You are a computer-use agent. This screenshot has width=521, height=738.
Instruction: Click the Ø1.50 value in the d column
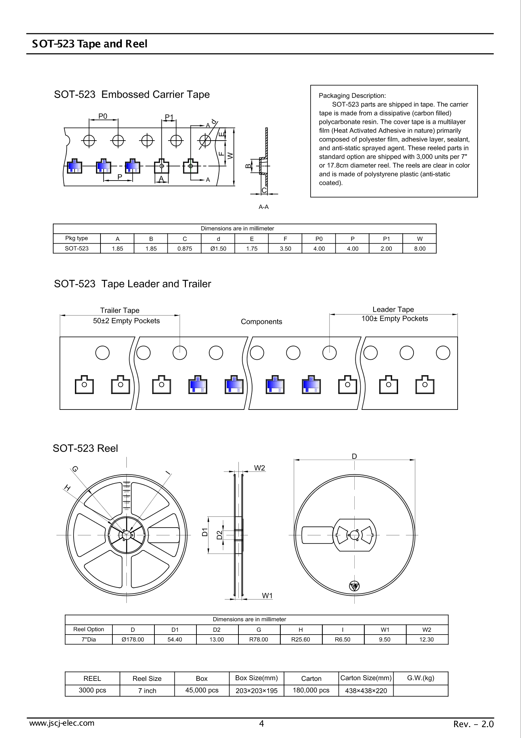click(218, 249)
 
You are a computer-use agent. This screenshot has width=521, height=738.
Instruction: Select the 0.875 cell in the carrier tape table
click(185, 249)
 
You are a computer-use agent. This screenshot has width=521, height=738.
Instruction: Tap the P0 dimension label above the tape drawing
click(103, 116)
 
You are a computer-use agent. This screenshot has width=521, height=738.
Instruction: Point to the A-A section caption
click(264, 207)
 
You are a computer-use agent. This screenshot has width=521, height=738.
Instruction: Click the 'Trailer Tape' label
click(120, 310)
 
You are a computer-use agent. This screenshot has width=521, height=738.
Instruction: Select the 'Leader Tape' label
click(393, 309)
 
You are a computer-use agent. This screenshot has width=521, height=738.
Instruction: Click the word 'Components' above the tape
click(261, 321)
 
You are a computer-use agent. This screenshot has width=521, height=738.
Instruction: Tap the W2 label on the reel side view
click(259, 468)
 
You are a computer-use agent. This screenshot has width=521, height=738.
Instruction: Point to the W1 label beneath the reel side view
click(267, 596)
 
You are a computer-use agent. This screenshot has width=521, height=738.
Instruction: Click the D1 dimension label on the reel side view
click(205, 532)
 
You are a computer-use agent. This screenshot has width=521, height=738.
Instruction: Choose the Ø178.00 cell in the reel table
click(133, 639)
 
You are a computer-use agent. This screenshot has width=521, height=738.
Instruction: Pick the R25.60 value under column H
click(300, 639)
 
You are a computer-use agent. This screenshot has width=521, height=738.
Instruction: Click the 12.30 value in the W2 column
click(426, 639)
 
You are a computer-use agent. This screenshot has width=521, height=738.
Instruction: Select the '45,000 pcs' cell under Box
click(202, 690)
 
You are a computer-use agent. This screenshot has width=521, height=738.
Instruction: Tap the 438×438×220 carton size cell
click(366, 691)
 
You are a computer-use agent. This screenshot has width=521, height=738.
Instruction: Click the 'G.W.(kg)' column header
click(421, 678)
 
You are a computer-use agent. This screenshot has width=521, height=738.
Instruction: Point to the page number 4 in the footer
click(261, 724)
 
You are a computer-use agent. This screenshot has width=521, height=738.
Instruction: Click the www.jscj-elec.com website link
click(62, 723)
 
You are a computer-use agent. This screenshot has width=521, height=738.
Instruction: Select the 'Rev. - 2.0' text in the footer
click(473, 724)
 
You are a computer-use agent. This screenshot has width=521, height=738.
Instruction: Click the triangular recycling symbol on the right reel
click(354, 586)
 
